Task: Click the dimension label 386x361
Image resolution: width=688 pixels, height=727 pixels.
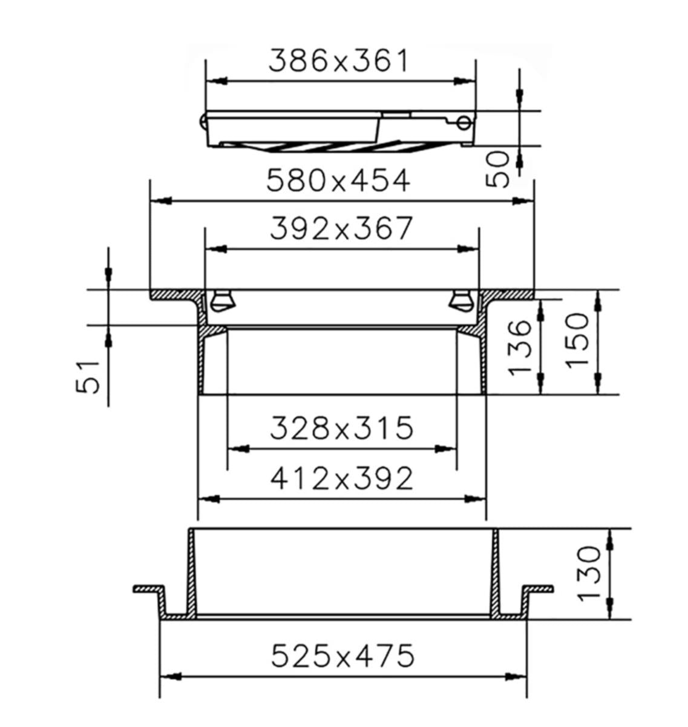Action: coord(339,61)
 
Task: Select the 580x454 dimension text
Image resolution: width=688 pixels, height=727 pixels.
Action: coord(339,180)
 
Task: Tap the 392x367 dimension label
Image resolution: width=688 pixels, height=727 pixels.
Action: coord(341,228)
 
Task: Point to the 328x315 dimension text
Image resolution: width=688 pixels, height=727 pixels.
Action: coord(341,428)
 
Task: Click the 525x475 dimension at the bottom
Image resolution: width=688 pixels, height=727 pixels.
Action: coord(342,656)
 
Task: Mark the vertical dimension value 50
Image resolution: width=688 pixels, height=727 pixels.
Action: coord(499,170)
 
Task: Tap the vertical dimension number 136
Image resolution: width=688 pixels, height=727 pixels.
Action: coord(519,348)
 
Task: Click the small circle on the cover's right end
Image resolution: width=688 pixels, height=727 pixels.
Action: coord(464,124)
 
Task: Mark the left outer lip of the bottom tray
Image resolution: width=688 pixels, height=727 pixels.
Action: coord(148,589)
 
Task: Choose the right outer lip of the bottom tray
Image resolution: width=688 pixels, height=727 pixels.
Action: coord(537,589)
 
